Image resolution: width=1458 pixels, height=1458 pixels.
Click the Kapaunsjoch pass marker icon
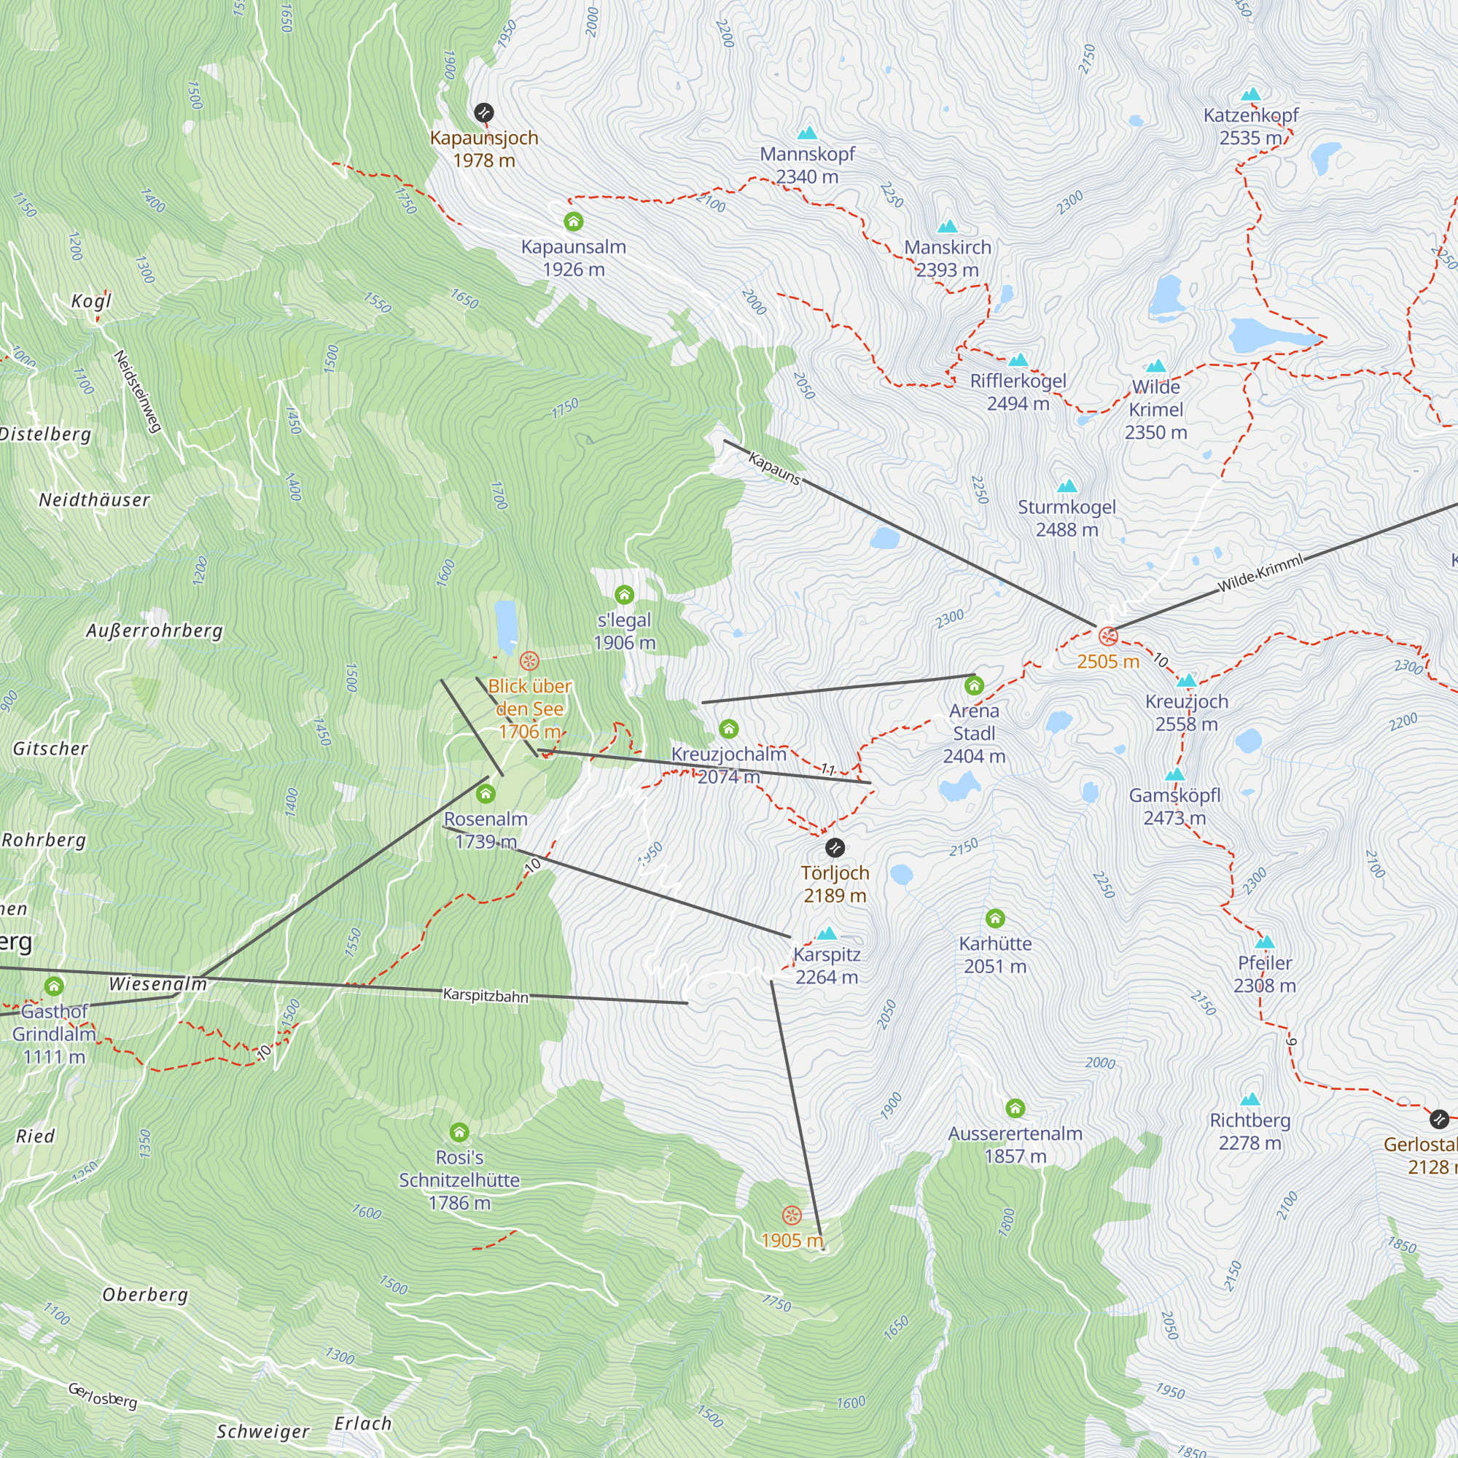pos(484,113)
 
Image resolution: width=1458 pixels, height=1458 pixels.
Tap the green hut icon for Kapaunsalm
pos(574,221)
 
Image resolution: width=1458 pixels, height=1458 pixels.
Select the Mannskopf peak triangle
pos(807,133)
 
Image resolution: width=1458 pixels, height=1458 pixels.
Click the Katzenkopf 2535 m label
pos(1250,126)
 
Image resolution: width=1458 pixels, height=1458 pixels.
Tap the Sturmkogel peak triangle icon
pos(1067,486)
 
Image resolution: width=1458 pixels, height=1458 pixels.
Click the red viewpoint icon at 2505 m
pos(1108,636)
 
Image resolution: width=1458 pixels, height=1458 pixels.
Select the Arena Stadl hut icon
pos(974,685)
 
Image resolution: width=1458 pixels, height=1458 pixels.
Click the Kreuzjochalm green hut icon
pos(728,728)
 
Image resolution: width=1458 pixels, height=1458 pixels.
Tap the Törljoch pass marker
pos(835,848)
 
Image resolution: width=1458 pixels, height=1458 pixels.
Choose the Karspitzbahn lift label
pos(486,995)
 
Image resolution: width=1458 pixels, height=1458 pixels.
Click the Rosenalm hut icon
pos(486,794)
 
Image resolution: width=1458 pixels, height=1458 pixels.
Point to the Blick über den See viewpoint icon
pos(530,662)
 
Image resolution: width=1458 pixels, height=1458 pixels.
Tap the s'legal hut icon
pos(624,595)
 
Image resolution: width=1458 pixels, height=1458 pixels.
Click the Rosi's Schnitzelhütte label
pos(459,1180)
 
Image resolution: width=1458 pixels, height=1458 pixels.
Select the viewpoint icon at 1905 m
pos(791,1215)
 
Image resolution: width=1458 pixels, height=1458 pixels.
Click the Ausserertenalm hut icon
pos(1015,1108)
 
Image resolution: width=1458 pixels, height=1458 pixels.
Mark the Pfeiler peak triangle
pos(1265,943)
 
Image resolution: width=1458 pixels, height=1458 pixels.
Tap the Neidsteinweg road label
pos(137,391)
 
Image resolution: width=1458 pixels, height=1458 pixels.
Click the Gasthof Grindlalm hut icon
pos(53,986)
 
